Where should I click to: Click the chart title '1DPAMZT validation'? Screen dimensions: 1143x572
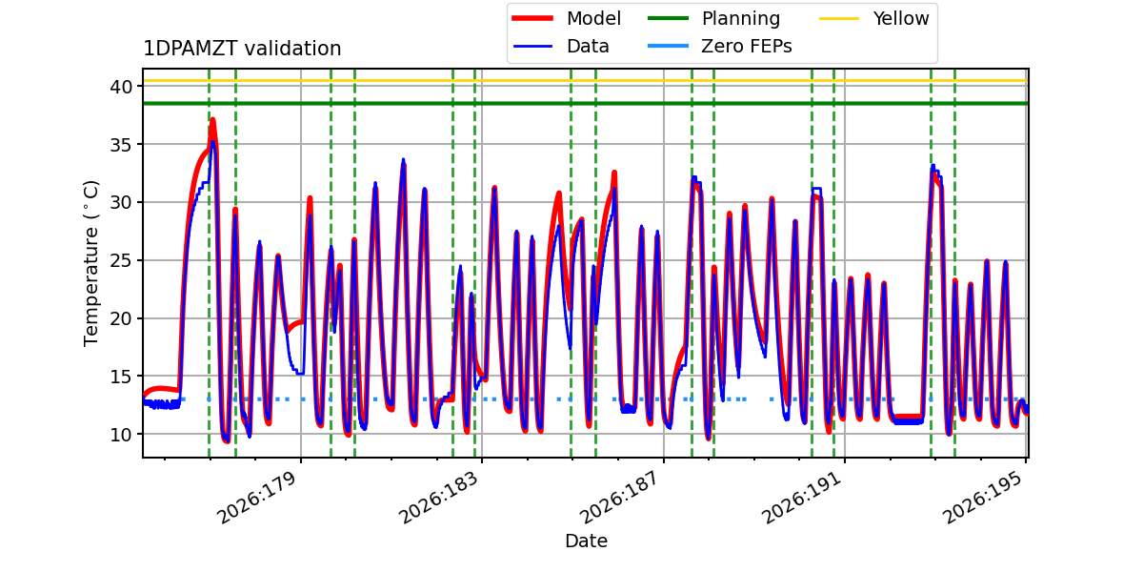242,49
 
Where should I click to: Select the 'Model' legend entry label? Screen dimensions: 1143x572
593,18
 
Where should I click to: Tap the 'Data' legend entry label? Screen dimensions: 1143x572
588,47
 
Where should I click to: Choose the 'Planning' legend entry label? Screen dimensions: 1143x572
741,19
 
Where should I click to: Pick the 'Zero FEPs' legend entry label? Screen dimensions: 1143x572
747,47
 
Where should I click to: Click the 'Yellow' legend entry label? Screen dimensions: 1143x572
901,18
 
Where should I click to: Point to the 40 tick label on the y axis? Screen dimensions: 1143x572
121,87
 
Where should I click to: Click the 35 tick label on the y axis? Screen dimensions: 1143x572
121,145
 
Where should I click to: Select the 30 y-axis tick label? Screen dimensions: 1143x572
121,203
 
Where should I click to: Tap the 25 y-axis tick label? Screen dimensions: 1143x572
121,261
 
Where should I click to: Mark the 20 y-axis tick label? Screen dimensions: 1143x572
121,318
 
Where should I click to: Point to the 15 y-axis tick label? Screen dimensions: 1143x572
121,377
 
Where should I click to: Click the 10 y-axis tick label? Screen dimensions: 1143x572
121,435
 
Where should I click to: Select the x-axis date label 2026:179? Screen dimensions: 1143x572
256,498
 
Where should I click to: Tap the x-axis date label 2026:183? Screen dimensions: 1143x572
438,498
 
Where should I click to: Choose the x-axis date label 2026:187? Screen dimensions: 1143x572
619,498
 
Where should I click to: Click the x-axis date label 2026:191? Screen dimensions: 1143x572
801,498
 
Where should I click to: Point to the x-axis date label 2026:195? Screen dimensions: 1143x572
982,498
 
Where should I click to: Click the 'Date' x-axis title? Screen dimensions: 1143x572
586,541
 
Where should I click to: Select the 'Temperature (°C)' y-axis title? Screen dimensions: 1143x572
90,263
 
